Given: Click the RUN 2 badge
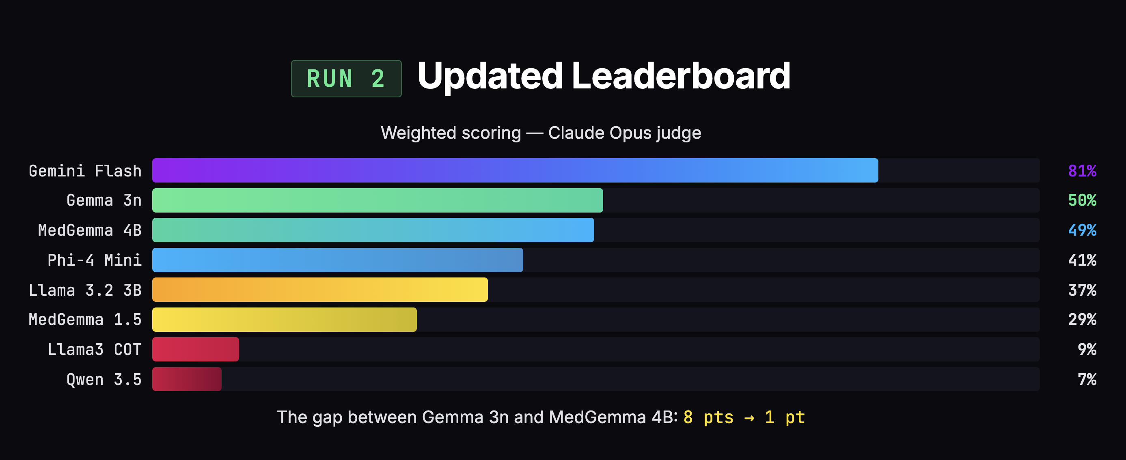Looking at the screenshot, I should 346,79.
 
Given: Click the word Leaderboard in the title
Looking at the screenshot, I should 681,76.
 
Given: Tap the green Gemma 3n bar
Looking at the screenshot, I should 377,200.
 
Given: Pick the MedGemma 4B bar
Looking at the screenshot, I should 373,230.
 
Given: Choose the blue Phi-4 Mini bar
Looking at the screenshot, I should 337,260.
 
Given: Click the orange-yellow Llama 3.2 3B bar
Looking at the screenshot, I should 319,290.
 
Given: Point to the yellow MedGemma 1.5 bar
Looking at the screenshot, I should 284,319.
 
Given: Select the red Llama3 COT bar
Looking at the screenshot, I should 195,349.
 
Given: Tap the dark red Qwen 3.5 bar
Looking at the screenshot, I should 187,379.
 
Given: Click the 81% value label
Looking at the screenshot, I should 1082,171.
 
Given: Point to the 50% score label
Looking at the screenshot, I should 1082,200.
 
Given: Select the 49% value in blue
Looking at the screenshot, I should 1082,230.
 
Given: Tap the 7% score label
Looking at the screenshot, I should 1087,379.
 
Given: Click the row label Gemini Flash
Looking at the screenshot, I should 85,171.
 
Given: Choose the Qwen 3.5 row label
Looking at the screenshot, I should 104,379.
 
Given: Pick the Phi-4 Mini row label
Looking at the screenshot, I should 95,260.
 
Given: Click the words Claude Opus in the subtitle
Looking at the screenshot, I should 600,133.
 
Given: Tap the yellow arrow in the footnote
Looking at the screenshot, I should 749,418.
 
